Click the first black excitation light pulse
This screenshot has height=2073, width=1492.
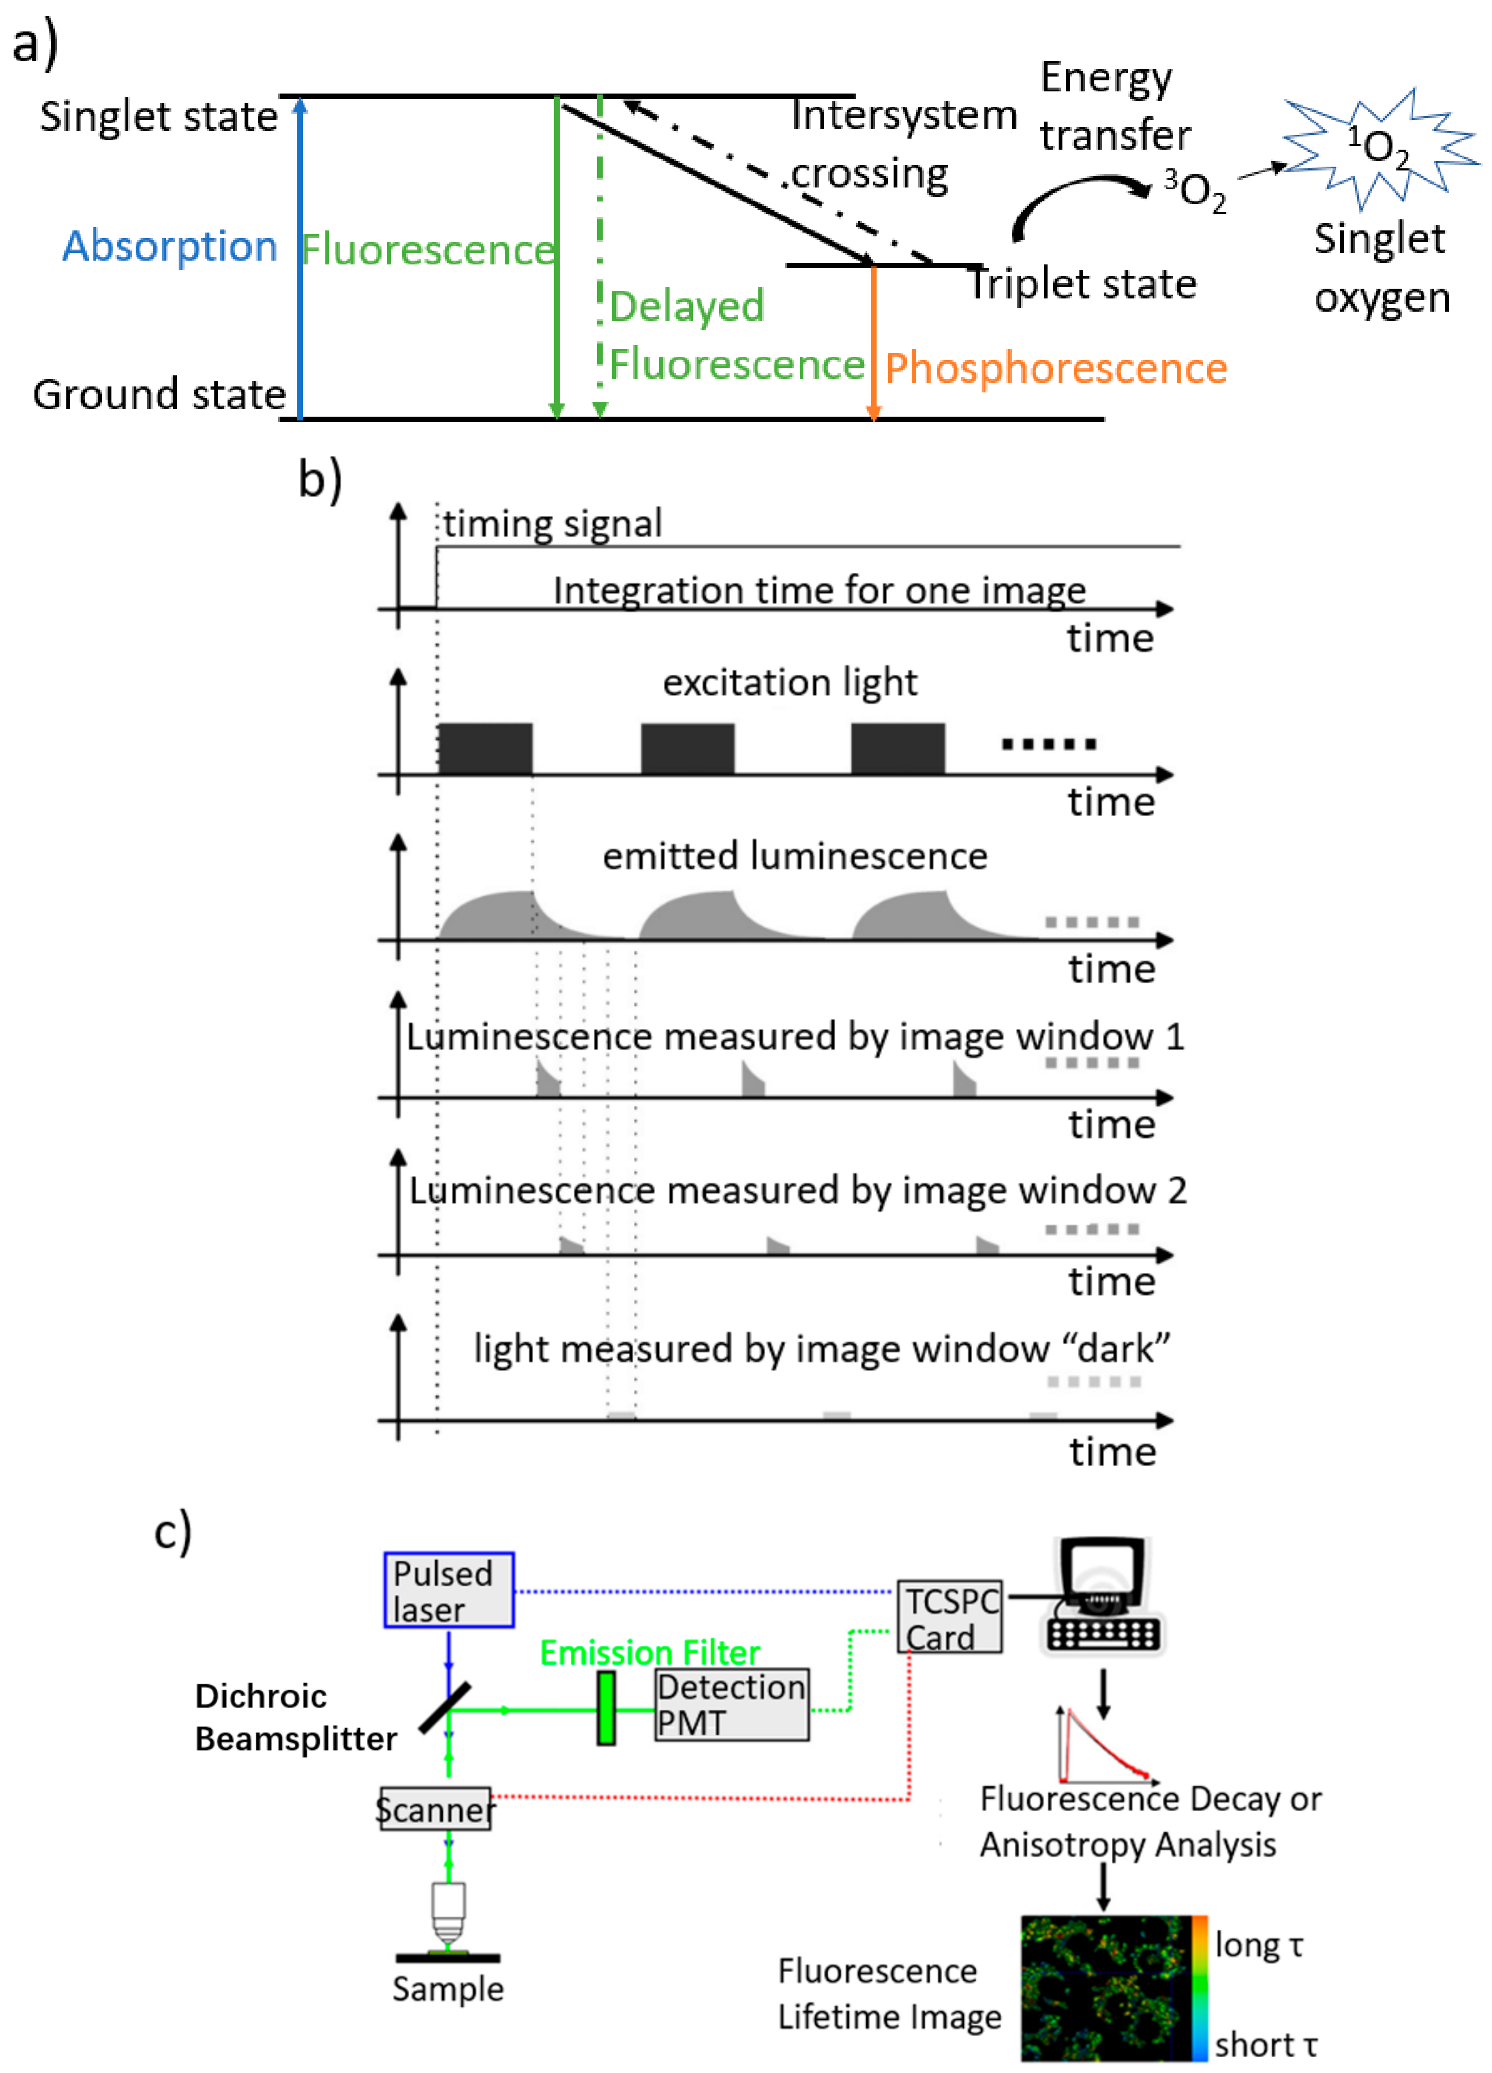click(485, 749)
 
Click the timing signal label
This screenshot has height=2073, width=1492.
click(552, 524)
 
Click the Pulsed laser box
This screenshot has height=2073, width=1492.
click(448, 1590)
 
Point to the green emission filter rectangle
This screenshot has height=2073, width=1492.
click(605, 1707)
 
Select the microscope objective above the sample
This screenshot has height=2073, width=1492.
click(448, 1915)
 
